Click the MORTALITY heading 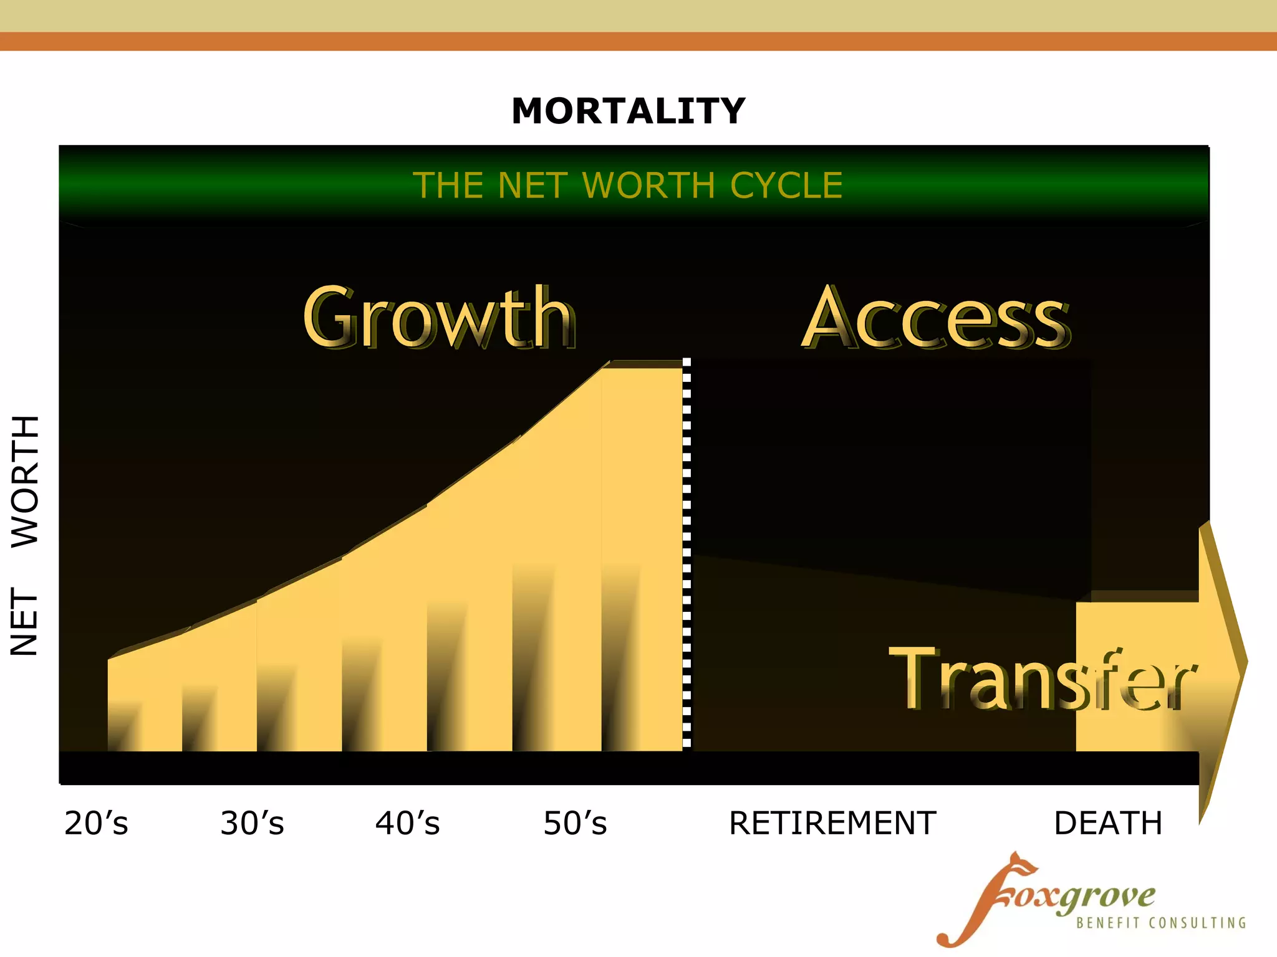pos(628,112)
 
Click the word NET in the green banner pos(533,186)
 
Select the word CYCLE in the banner pos(786,186)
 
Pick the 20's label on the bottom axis pos(96,823)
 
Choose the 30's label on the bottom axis pos(252,823)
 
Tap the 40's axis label pos(407,823)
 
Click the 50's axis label pos(575,823)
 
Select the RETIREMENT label pos(832,823)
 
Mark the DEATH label pos(1107,823)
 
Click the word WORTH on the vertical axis pos(26,481)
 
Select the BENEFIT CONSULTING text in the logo pos(1160,923)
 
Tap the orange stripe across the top pos(638,41)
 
